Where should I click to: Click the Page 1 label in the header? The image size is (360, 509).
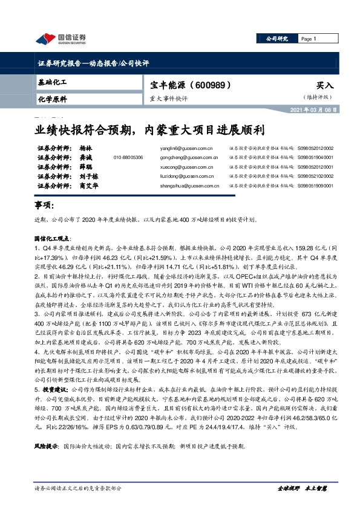click(x=309, y=39)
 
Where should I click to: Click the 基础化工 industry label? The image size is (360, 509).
click(x=52, y=81)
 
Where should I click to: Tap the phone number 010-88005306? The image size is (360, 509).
click(x=128, y=157)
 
